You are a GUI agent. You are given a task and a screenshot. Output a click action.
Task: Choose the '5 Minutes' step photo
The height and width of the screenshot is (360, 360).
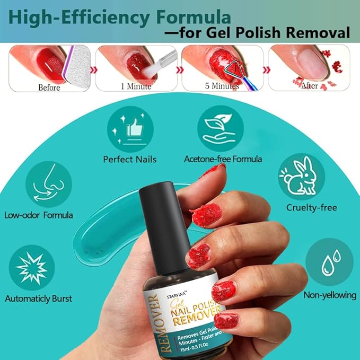tap(222, 68)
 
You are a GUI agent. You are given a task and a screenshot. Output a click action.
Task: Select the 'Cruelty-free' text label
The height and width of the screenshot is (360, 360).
tap(312, 207)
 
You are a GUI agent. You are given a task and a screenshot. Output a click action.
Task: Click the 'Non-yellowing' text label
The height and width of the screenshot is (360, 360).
tap(328, 295)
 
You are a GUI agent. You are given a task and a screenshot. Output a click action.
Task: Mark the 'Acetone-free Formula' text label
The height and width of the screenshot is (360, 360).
tap(223, 159)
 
